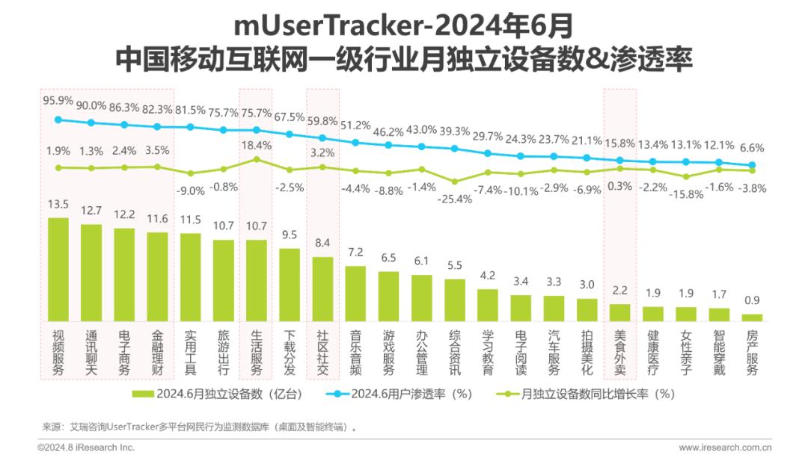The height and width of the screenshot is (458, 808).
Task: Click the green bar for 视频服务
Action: [x=58, y=270]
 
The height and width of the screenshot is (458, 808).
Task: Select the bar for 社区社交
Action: [x=322, y=289]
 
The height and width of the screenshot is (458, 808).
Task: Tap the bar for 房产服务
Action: [x=752, y=318]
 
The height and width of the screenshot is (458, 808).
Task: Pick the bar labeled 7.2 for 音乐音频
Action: [x=355, y=294]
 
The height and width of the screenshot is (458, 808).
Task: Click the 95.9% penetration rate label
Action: [x=58, y=100]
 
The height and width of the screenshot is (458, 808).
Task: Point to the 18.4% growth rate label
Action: [x=256, y=146]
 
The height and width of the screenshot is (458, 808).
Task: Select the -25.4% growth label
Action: [x=455, y=199]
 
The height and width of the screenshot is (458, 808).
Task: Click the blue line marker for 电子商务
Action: [x=124, y=125]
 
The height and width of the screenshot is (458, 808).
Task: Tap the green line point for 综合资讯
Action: [x=455, y=182]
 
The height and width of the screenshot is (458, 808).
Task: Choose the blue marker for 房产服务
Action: [x=752, y=165]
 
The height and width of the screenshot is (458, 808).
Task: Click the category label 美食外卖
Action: [x=620, y=353]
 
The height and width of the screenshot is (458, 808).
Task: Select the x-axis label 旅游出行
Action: [x=223, y=353]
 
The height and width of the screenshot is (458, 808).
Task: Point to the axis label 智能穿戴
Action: [x=719, y=353]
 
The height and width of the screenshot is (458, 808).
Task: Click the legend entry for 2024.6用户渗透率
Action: [x=400, y=394]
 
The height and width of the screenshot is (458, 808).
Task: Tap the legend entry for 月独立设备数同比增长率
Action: [x=585, y=394]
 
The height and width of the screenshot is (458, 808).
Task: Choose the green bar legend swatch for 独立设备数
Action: [x=143, y=394]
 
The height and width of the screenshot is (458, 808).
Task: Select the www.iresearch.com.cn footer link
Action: [x=725, y=448]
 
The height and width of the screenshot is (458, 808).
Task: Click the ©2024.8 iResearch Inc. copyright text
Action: [x=86, y=448]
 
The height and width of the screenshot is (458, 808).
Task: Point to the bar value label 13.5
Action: [x=58, y=204]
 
